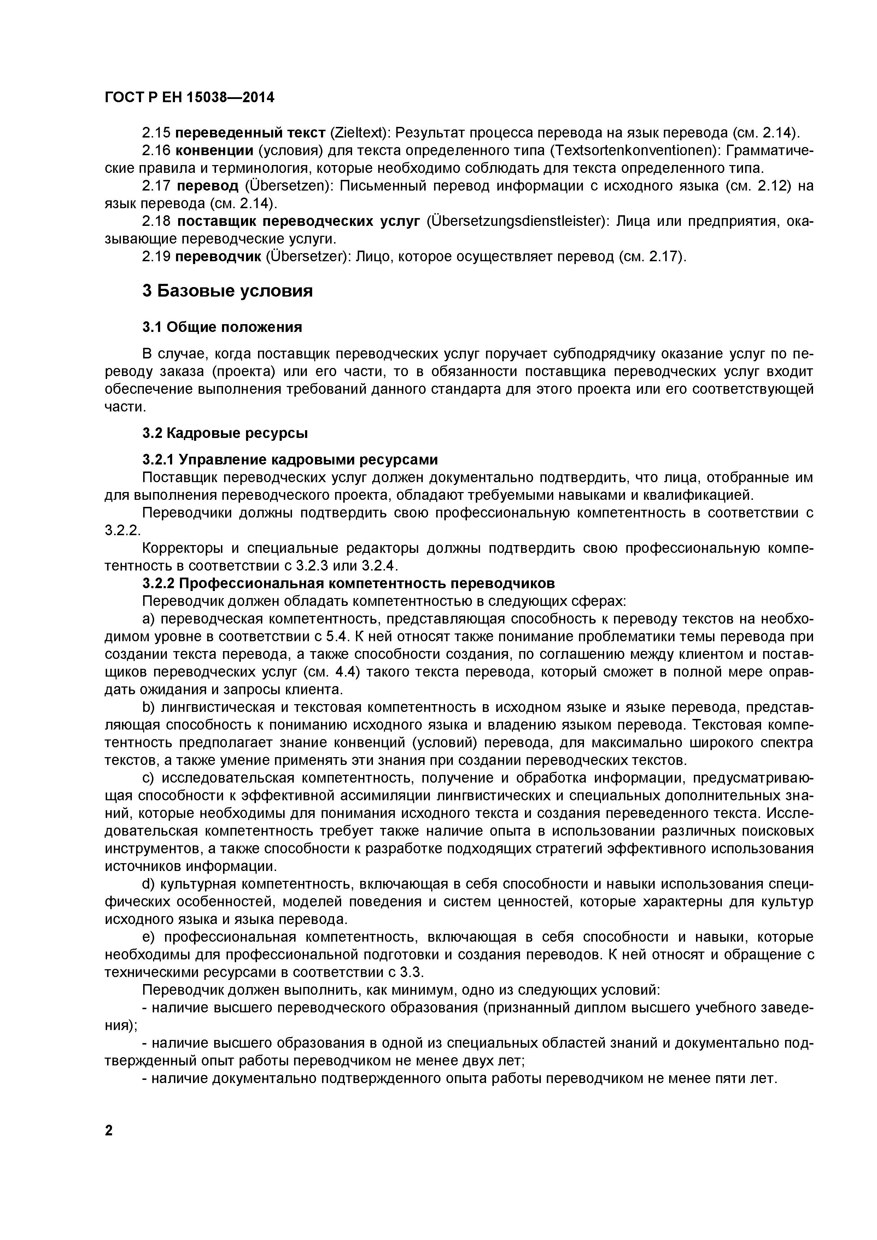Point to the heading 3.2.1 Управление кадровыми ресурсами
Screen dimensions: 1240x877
[290, 459]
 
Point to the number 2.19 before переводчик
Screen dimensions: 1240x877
[157, 257]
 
